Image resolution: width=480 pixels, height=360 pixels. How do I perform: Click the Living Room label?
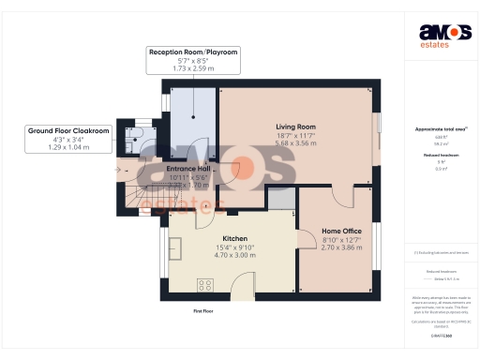pyautogui.click(x=295, y=127)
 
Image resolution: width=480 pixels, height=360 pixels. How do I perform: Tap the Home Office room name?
pyautogui.click(x=342, y=231)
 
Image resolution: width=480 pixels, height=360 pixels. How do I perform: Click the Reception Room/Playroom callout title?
pyautogui.click(x=194, y=51)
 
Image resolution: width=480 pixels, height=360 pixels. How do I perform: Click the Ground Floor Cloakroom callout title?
pyautogui.click(x=69, y=131)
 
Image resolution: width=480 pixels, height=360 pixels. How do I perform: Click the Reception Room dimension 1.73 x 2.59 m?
pyautogui.click(x=194, y=69)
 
